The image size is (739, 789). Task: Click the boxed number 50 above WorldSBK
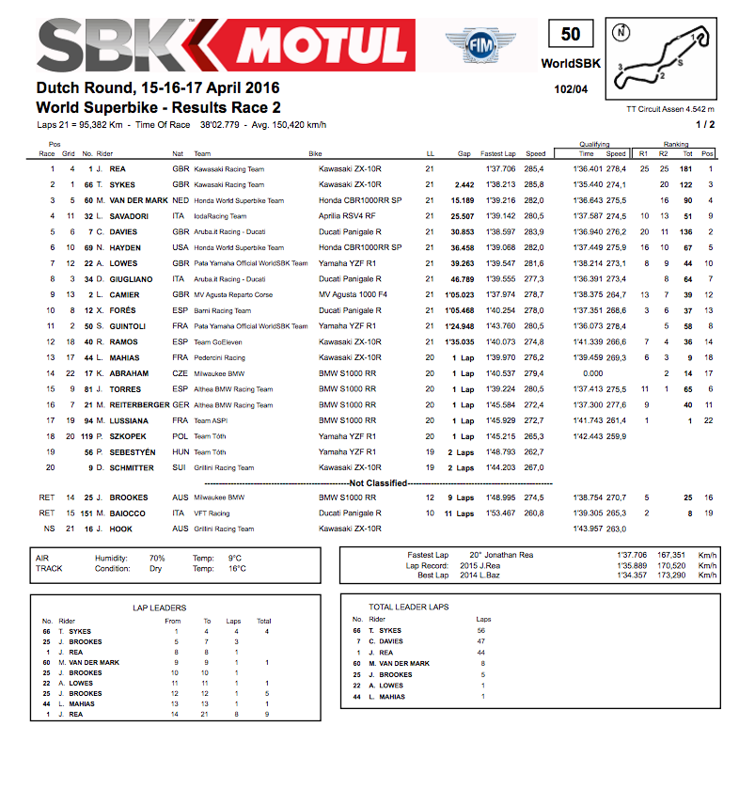(571, 35)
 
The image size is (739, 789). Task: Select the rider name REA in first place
(118, 168)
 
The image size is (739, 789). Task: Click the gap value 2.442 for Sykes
(463, 184)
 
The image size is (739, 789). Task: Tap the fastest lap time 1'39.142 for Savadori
(497, 216)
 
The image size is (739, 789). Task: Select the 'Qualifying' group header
(599, 145)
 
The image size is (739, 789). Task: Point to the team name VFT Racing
(212, 513)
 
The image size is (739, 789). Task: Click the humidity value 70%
(156, 558)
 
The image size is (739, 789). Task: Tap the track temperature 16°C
(237, 568)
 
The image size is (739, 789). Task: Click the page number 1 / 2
(705, 123)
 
